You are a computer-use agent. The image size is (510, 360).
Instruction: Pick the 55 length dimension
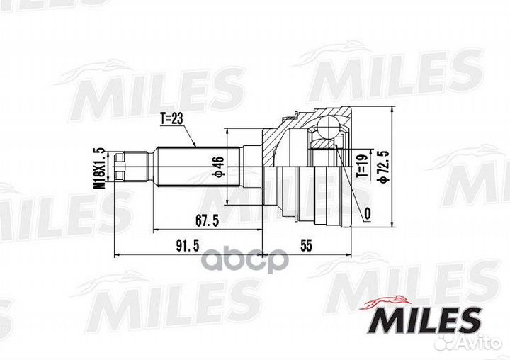[305, 245]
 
